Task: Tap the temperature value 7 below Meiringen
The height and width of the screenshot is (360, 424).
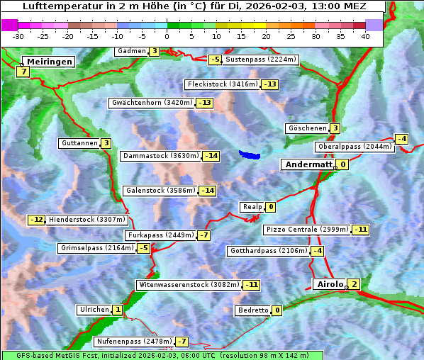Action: pos(23,72)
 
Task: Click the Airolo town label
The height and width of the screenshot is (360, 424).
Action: pos(330,284)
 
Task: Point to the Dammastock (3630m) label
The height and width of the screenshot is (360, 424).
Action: pos(160,155)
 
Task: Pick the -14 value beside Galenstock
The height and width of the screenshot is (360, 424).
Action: pos(207,191)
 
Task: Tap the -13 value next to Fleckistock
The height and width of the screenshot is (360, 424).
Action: pos(269,84)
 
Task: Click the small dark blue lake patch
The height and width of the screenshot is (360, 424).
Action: pos(250,154)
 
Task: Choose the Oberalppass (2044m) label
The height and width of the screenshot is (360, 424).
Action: pos(354,147)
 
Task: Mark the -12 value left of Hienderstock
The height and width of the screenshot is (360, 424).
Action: pos(36,220)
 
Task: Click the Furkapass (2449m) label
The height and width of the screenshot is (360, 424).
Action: pos(160,235)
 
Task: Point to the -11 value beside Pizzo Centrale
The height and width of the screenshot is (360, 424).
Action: pos(361,230)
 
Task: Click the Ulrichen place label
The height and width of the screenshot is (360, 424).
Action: pos(94,310)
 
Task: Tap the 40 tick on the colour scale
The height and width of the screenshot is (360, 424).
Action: pos(365,36)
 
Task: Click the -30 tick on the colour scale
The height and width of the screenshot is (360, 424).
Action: pos(18,36)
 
